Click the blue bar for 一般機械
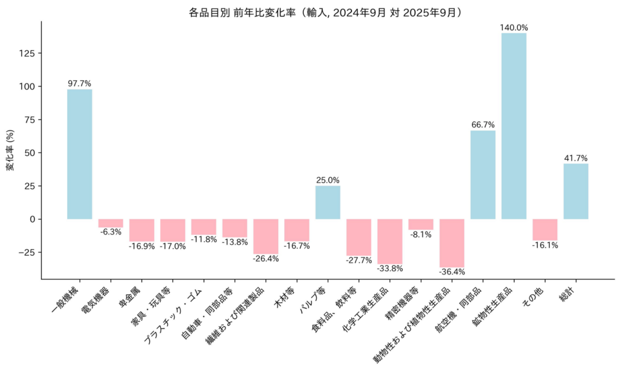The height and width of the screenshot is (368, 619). (79, 154)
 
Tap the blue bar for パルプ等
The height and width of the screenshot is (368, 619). (328, 202)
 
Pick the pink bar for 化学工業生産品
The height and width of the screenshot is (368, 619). (390, 241)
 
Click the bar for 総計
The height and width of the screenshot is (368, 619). (575, 191)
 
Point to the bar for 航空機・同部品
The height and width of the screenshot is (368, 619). (483, 175)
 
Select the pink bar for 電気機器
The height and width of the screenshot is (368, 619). (111, 223)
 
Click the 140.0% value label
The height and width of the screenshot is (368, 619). (514, 28)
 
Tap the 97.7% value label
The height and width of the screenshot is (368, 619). (79, 84)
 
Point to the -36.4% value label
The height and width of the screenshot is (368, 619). (452, 272)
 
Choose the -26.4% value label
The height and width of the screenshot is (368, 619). (266, 259)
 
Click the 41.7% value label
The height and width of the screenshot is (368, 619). (575, 158)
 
